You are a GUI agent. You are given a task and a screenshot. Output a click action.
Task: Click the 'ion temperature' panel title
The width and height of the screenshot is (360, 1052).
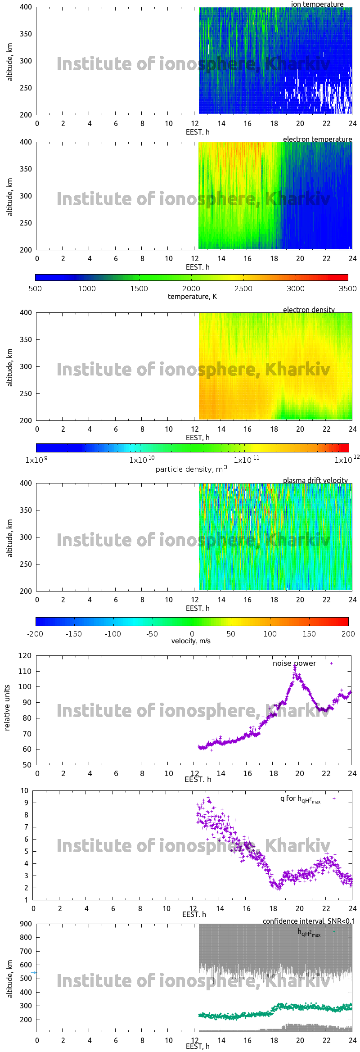tap(317, 4)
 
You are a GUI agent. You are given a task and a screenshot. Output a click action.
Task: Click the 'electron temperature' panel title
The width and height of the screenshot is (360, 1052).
tap(317, 139)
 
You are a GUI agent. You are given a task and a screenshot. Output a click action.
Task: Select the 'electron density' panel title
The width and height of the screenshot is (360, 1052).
tap(309, 310)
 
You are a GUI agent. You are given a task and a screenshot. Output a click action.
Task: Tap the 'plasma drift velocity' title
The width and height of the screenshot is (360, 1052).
tap(315, 480)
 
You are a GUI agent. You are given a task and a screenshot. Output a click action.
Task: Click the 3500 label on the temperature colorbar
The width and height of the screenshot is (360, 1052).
tap(347, 289)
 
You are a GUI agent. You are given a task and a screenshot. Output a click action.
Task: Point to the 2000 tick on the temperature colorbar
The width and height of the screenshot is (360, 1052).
tap(191, 289)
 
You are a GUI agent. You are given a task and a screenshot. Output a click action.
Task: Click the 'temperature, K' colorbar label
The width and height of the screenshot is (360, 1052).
tap(192, 297)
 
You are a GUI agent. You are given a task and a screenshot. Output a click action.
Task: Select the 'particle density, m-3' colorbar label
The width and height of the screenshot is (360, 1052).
tap(191, 469)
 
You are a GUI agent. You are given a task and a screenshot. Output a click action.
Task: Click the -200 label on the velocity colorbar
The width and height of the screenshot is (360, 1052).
tap(35, 634)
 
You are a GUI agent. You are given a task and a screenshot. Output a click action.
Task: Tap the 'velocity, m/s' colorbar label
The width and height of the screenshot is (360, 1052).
tap(191, 641)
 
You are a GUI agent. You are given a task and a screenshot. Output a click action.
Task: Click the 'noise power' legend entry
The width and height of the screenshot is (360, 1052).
tap(294, 664)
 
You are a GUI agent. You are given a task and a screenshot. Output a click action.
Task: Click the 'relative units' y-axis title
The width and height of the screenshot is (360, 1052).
tap(7, 708)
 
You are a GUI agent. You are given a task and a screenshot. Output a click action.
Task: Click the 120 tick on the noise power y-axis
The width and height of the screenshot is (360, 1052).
tap(25, 656)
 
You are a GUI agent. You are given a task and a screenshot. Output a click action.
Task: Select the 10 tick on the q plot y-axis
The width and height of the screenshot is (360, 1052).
tap(24, 790)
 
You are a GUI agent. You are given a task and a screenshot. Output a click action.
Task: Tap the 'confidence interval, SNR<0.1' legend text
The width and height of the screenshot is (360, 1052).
tap(309, 921)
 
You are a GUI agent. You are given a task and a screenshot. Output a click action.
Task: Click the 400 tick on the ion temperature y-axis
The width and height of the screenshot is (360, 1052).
tap(26, 7)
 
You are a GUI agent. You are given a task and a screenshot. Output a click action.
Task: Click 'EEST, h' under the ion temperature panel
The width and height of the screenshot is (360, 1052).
tap(198, 132)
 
